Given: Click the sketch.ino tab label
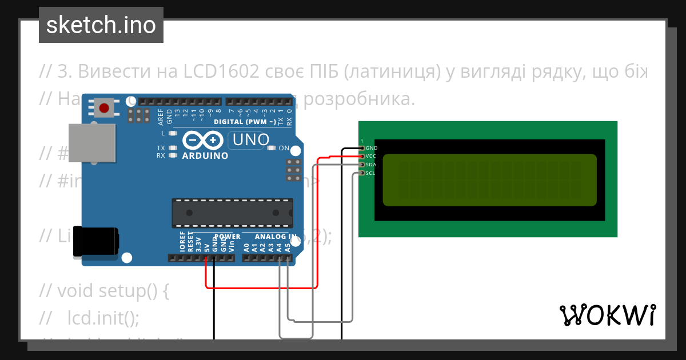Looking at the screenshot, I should click(x=101, y=25).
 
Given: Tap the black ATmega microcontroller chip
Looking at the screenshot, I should click(x=232, y=213).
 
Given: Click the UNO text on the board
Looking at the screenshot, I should click(x=251, y=140).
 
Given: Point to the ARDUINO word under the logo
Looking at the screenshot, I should click(x=205, y=155).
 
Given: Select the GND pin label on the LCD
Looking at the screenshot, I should click(x=371, y=148).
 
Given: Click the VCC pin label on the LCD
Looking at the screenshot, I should click(x=371, y=156).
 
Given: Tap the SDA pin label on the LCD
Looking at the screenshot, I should click(x=371, y=165).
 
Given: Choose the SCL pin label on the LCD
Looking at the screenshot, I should click(x=370, y=173).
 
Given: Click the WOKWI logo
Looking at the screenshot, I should click(x=607, y=314).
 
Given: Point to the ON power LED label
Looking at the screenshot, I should click(x=284, y=148).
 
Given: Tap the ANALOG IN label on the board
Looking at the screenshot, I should click(x=276, y=237).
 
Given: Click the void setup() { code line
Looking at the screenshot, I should click(x=113, y=291).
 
